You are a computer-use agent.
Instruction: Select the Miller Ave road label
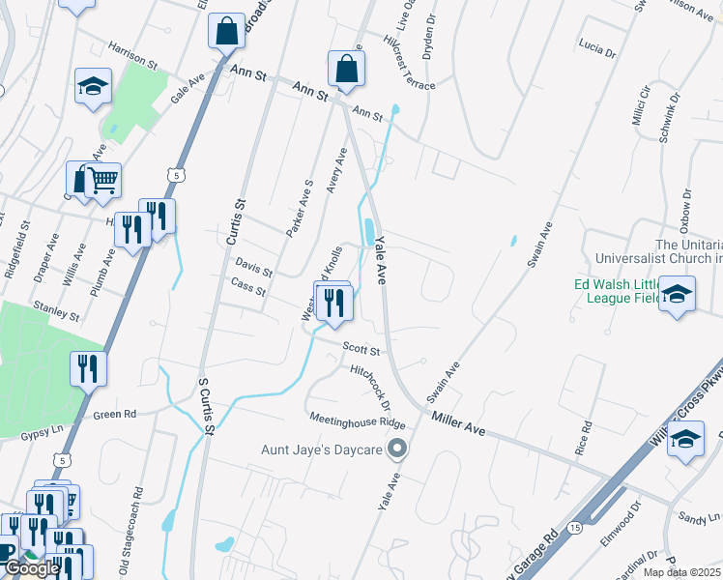458,420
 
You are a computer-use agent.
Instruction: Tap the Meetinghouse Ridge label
358,421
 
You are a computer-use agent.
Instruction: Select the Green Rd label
115,415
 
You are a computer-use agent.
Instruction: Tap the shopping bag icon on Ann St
346,68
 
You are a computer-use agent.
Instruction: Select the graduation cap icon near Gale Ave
94,85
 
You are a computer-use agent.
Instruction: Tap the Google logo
32,568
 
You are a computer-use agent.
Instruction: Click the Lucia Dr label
596,48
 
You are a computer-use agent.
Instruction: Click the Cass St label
248,286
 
